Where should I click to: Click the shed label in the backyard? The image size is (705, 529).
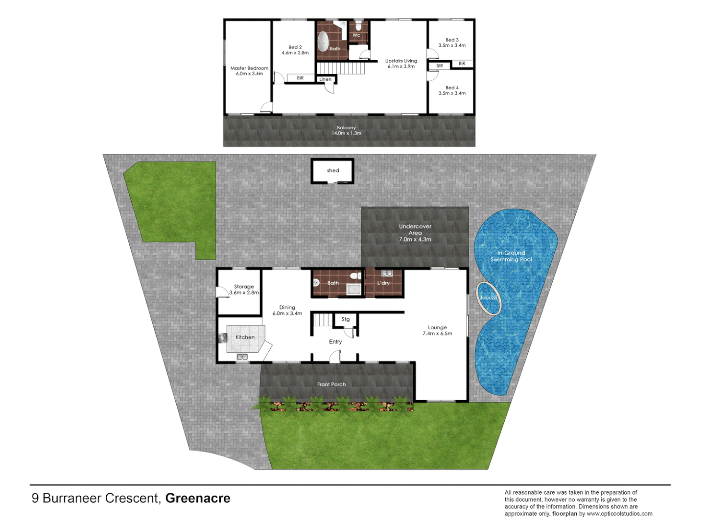tap(333, 170)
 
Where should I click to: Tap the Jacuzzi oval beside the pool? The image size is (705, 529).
tap(489, 298)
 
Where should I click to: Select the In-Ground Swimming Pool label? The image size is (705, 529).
tap(511, 256)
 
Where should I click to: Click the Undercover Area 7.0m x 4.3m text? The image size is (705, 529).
tap(415, 233)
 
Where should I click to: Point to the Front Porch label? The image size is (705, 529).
tap(331, 385)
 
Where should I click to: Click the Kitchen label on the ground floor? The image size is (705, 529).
tap(245, 337)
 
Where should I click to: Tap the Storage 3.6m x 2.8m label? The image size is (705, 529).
tap(244, 289)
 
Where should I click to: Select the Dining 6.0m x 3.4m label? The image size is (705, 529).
tap(287, 311)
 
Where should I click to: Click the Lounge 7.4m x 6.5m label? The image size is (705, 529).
tap(437, 331)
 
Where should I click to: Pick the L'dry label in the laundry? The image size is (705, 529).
tap(383, 283)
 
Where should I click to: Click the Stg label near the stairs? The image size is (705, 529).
tap(346, 319)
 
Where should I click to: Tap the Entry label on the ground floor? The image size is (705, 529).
tap(335, 342)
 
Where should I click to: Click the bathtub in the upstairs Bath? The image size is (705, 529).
tap(323, 42)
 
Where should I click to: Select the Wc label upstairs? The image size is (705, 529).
tap(356, 35)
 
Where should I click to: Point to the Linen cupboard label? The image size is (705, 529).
tap(325, 79)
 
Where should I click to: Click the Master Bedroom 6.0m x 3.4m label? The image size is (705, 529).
tap(249, 71)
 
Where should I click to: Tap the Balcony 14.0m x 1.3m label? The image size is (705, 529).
tap(347, 130)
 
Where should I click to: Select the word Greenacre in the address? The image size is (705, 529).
tap(198, 498)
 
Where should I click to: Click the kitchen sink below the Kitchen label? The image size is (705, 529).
tap(242, 357)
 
